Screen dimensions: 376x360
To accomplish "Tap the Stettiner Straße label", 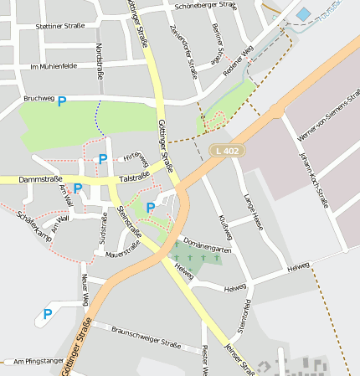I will point(60,26).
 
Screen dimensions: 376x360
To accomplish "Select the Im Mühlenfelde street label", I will point(53,65).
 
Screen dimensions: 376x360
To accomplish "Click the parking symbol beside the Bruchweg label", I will point(61,100).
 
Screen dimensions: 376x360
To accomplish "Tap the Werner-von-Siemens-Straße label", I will point(317,118).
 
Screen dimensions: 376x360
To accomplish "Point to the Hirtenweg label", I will point(136,158).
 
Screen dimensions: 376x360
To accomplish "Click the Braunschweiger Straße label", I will point(147,337).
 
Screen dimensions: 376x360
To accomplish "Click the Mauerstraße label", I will point(123,248).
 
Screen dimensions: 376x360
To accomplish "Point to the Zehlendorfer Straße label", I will point(183,50).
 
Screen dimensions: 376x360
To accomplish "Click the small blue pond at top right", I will point(303,14).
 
